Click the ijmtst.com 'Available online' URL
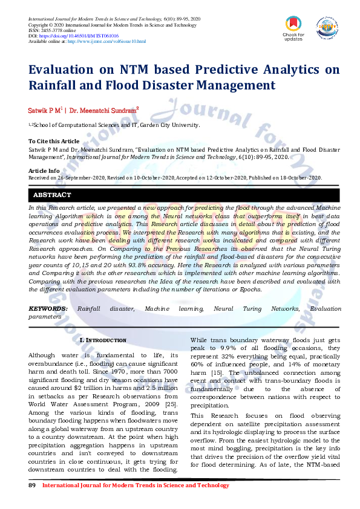pyautogui.click(x=107, y=41)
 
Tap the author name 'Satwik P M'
pyautogui.click(x=44, y=111)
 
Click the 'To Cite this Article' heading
pyautogui.click(x=54, y=141)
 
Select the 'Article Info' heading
pyautogui.click(x=44, y=171)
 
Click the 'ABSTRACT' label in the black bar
pyautogui.click(x=52, y=195)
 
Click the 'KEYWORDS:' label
pyautogui.click(x=48, y=309)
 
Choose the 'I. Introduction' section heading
pyautogui.click(x=103, y=340)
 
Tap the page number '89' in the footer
pyautogui.click(x=33, y=485)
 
